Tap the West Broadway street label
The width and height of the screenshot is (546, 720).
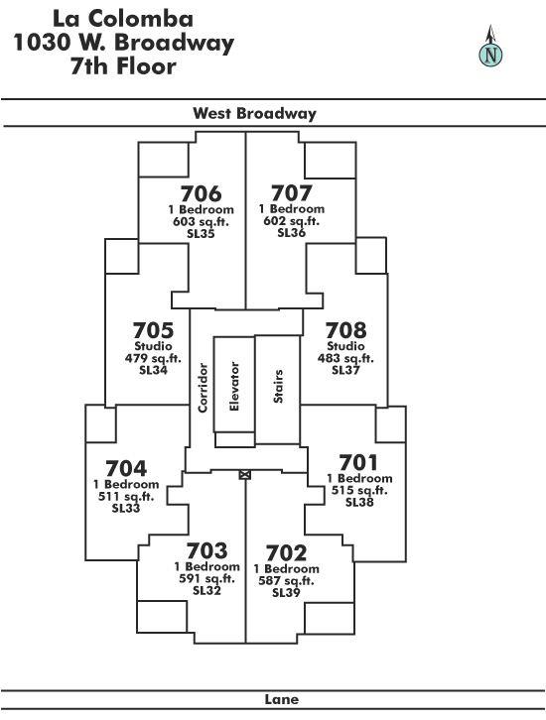[254, 113]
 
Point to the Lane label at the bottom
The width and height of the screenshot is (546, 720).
[282, 699]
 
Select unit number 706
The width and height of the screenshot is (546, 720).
[201, 193]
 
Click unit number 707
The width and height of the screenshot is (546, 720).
[292, 193]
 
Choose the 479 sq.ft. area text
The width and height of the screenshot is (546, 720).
[153, 358]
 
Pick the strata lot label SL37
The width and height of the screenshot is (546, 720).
[345, 370]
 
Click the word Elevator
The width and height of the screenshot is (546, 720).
[234, 386]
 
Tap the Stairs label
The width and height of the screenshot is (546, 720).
[278, 386]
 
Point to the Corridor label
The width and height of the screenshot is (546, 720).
[203, 388]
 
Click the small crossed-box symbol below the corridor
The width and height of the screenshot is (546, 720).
[245, 475]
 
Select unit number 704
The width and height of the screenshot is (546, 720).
[126, 469]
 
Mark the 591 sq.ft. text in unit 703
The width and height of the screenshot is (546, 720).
[206, 578]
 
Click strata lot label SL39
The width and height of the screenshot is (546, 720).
[286, 592]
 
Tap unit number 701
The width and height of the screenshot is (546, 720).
[358, 462]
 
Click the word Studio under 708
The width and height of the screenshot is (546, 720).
[345, 346]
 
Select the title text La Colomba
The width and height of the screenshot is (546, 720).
[123, 19]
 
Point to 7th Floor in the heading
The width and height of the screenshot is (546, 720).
[123, 66]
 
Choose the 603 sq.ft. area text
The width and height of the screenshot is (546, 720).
[201, 222]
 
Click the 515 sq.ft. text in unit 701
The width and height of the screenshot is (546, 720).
[359, 490]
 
